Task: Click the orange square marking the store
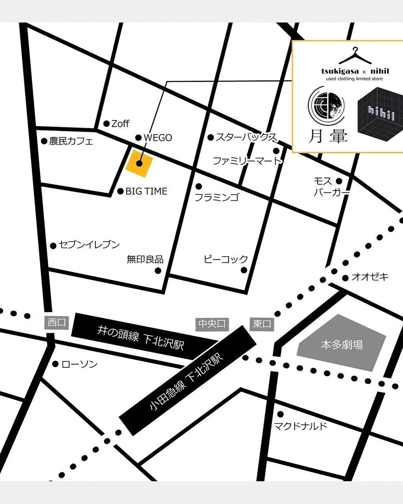pyautogui.click(x=139, y=163)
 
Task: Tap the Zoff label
pyautogui.click(x=120, y=123)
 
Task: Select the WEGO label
pyautogui.click(x=158, y=138)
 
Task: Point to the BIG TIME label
pyautogui.click(x=146, y=191)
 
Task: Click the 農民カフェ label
pyautogui.click(x=71, y=141)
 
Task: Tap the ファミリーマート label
pyautogui.click(x=247, y=161)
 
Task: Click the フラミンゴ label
pyautogui.click(x=217, y=197)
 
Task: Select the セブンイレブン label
pyautogui.click(x=89, y=245)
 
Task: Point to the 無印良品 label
pyautogui.click(x=145, y=259)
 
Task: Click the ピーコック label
pyautogui.click(x=226, y=259)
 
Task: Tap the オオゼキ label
pyautogui.click(x=370, y=277)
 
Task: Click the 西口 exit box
pyautogui.click(x=57, y=323)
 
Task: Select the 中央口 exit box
pyautogui.click(x=212, y=324)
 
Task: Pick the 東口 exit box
pyautogui.click(x=262, y=324)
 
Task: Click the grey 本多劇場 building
pyautogui.click(x=342, y=344)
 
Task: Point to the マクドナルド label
pyautogui.click(x=301, y=426)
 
